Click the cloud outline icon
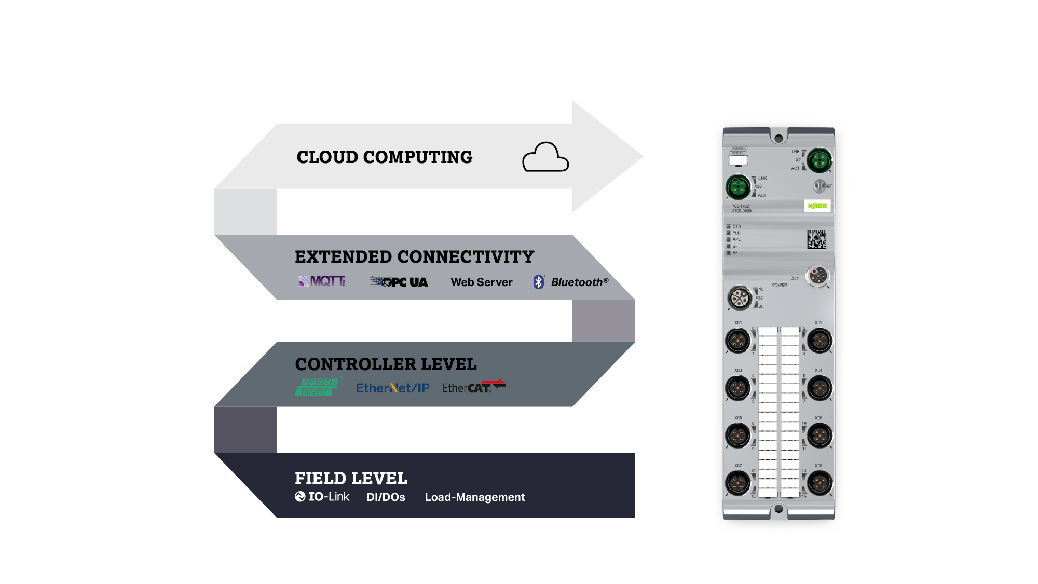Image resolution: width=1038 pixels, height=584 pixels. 545,157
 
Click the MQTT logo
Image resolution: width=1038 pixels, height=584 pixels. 322,281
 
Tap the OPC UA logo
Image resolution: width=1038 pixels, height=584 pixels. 399,282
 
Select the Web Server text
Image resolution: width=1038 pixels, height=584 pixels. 481,282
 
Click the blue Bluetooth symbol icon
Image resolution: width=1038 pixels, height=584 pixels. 539,282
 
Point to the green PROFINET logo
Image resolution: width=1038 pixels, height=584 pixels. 318,387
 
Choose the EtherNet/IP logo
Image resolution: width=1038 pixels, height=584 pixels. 392,388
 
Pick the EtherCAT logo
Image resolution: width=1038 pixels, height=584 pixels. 473,387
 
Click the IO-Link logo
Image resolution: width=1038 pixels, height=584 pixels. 322,497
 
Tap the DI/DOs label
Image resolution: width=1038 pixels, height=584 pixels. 386,497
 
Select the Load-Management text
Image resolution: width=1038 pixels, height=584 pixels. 474,497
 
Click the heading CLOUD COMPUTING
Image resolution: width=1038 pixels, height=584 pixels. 384,157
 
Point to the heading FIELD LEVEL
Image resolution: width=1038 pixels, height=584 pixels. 351,478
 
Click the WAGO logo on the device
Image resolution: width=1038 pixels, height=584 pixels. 817,206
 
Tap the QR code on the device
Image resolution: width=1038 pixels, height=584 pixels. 816,239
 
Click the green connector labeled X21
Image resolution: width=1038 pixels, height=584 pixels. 819,160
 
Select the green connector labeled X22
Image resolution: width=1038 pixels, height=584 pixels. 738,187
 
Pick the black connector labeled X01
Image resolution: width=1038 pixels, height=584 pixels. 738,341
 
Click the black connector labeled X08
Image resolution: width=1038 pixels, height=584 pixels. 819,483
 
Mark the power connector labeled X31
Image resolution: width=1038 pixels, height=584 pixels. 817,276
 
